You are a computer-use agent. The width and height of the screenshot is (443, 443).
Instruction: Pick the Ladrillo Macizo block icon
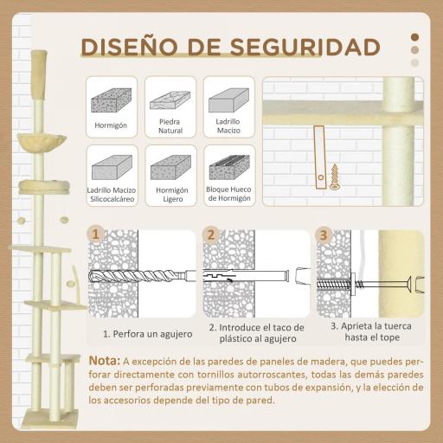point(228,100)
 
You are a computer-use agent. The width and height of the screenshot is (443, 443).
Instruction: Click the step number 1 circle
point(96,234)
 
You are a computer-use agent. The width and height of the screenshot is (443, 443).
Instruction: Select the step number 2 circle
point(210,234)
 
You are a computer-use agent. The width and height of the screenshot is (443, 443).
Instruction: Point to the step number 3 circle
point(322,234)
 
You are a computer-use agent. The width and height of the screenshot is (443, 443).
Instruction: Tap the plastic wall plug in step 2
point(247,278)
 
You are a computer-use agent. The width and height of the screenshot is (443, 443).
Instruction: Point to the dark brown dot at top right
point(414,36)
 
